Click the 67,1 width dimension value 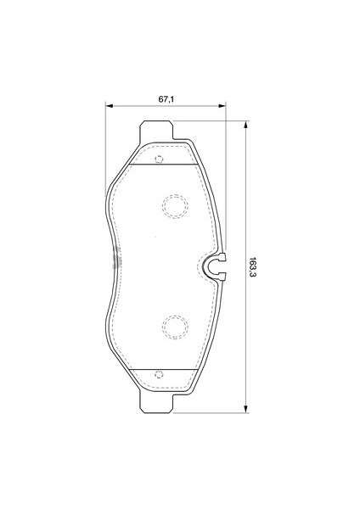(166, 99)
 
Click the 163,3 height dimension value (253, 267)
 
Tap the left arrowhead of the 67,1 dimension (109, 106)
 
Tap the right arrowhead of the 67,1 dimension (222, 106)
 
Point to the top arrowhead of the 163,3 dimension (246, 125)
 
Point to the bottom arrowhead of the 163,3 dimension (246, 409)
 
